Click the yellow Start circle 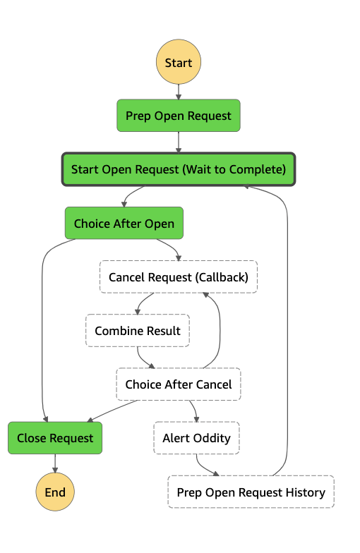179,62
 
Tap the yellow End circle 55,492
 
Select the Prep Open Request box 179,116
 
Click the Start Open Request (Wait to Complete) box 179,169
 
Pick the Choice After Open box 124,223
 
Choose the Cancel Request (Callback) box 179,276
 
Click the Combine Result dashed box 138,330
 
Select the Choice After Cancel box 179,384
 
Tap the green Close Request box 55,438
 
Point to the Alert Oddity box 196,438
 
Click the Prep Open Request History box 251,492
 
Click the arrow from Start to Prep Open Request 179,92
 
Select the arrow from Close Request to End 55,463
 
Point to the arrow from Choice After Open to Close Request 42,328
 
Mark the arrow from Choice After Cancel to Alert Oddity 195,410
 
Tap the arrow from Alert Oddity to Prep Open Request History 203,468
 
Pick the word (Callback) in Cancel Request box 223,277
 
